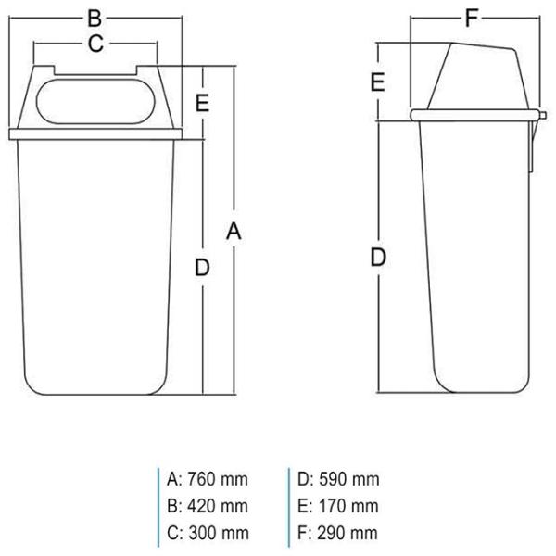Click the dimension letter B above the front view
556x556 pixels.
95,19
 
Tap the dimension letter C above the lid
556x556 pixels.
95,44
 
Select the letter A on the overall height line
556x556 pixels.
234,232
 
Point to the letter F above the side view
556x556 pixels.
472,19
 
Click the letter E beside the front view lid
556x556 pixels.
202,103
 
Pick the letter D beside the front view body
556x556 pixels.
202,268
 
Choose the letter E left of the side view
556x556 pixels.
378,82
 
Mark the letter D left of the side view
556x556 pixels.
378,257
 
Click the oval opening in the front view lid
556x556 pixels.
95,101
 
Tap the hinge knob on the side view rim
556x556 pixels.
542,116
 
